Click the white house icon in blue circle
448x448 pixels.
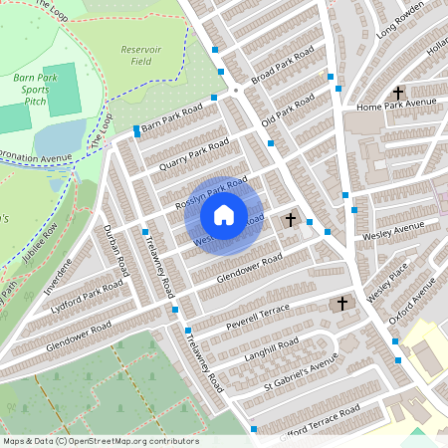(x=224, y=214)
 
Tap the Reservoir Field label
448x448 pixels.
(x=140, y=55)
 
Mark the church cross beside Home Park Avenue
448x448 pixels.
(x=397, y=92)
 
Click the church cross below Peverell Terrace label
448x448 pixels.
(x=341, y=303)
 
